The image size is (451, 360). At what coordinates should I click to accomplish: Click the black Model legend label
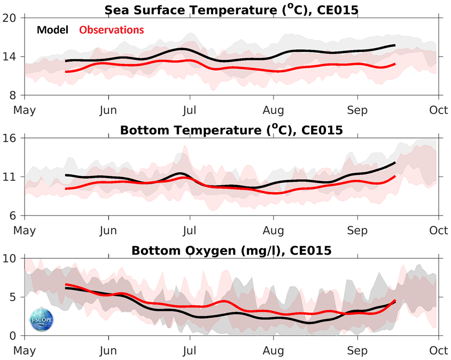tap(52, 30)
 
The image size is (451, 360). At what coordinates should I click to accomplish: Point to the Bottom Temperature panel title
tap(230, 130)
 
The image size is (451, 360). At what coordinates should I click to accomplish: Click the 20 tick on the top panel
tap(12, 18)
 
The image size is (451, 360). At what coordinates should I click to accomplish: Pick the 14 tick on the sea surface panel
tap(12, 57)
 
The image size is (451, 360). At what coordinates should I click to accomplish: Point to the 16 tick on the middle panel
tap(12, 138)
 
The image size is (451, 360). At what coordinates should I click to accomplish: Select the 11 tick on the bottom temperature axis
tap(12, 177)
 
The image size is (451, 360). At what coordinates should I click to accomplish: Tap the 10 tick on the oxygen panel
tap(12, 258)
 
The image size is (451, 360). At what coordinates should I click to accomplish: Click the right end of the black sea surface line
tap(395, 45)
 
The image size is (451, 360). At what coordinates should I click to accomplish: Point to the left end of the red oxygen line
tap(65, 284)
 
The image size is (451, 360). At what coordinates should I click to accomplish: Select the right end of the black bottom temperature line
tap(395, 162)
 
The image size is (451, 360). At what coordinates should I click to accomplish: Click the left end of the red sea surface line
tap(65, 72)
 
